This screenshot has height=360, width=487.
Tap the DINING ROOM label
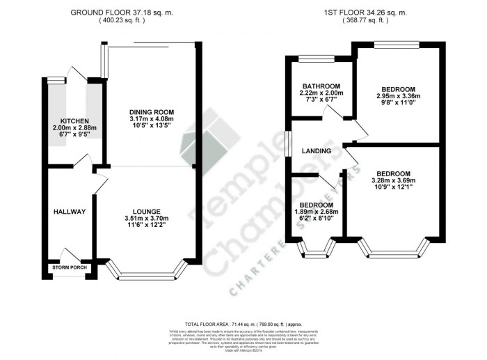coord(151,112)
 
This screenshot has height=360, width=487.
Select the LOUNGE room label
coord(147,212)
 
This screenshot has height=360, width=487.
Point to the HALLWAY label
coord(70,212)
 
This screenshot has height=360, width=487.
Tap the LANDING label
coord(316,150)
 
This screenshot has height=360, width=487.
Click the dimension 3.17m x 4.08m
coord(151,120)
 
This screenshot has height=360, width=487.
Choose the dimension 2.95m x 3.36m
coord(396,96)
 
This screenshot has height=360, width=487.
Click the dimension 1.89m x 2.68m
coord(317,210)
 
